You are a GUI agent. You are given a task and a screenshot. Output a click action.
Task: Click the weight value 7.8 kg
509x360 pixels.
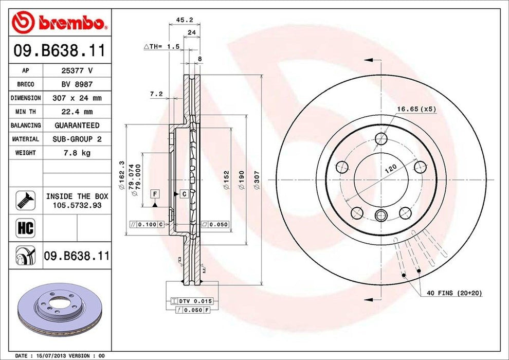tap(77, 153)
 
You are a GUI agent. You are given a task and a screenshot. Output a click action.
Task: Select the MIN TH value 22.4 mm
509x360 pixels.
tap(77, 112)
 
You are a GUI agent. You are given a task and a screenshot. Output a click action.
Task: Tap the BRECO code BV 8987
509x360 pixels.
tap(77, 84)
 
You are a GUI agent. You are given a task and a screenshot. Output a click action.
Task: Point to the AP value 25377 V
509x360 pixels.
tap(77, 70)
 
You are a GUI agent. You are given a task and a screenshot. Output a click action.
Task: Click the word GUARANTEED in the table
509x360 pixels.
tap(77, 125)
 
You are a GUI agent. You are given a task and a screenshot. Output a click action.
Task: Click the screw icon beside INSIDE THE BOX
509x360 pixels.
tap(25, 200)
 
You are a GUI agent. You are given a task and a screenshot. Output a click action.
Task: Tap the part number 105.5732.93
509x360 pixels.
tap(77, 205)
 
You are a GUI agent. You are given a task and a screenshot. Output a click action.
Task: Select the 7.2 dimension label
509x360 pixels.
tap(156, 94)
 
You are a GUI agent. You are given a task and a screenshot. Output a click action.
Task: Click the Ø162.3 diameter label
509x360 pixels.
tap(122, 175)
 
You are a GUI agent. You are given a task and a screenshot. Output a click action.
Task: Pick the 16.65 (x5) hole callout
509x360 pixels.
tap(416, 109)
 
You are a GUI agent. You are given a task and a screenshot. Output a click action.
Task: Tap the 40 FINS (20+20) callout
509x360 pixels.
tap(454, 293)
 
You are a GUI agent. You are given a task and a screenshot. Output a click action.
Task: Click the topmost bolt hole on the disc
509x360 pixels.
tap(380, 138)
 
